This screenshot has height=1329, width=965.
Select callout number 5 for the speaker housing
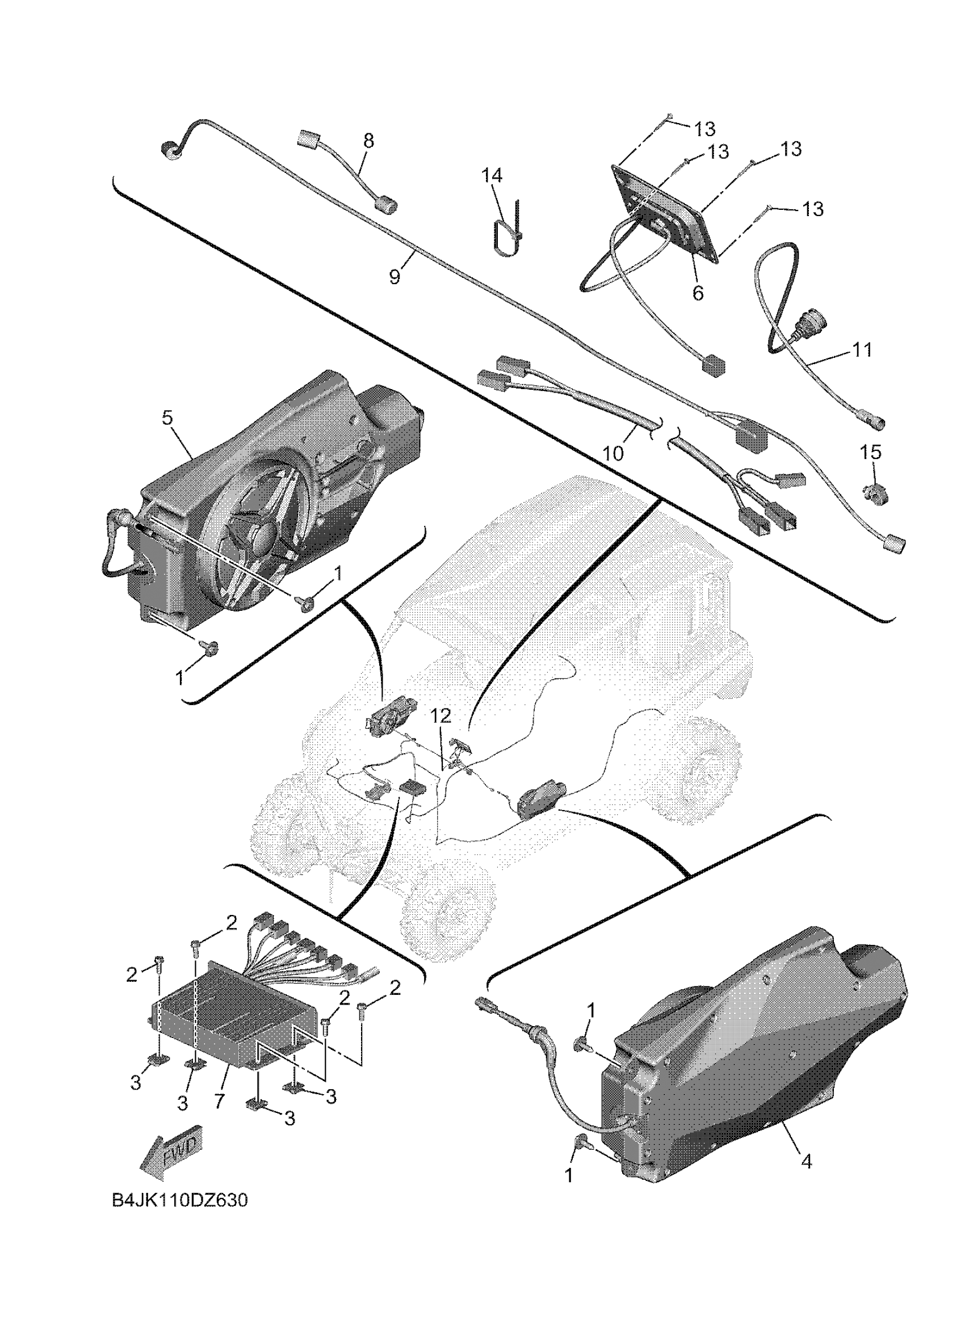[167, 418]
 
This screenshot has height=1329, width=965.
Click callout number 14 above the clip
[493, 175]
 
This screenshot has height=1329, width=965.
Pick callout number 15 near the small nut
[871, 452]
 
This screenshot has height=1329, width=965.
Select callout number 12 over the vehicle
[441, 715]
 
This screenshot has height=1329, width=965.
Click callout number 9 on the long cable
[395, 276]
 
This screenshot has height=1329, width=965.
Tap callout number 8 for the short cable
[368, 141]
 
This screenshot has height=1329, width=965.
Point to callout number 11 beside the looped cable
[861, 350]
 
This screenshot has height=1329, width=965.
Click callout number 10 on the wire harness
[614, 453]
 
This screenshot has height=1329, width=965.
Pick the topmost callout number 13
[705, 128]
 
